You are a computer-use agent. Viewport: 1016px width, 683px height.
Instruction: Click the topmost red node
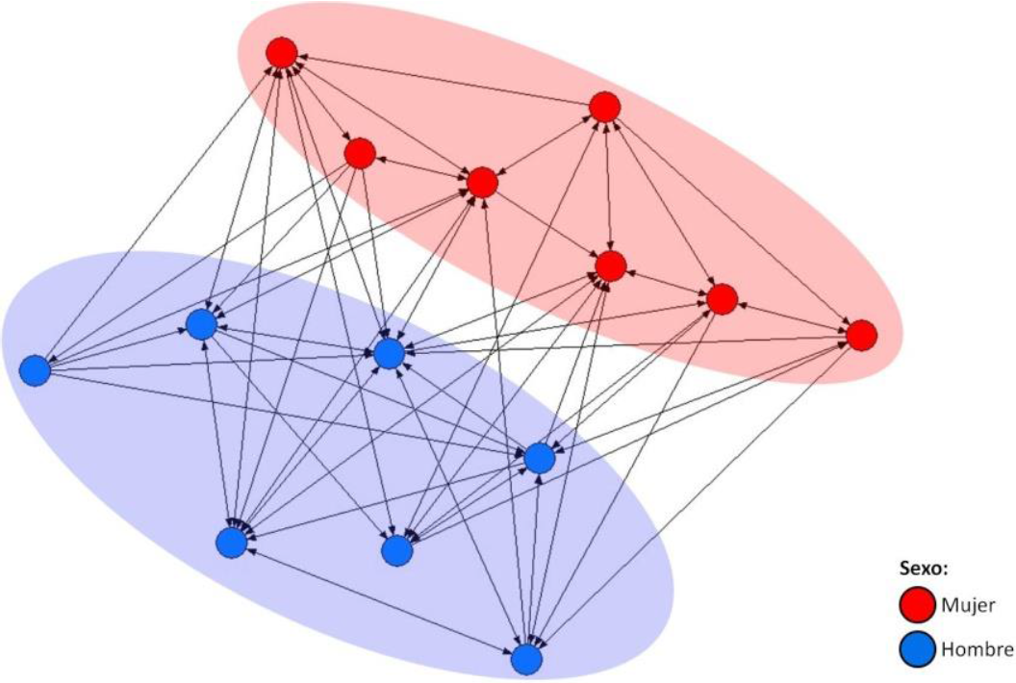click(281, 52)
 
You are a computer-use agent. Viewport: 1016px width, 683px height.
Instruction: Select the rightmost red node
click(861, 335)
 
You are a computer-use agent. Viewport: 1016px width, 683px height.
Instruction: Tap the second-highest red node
click(603, 107)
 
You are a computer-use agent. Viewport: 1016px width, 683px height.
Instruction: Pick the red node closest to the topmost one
click(359, 153)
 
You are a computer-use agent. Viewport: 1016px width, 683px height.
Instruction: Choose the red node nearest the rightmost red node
click(722, 299)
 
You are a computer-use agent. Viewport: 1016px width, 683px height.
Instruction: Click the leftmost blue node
click(35, 369)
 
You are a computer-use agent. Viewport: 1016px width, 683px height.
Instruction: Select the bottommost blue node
click(525, 659)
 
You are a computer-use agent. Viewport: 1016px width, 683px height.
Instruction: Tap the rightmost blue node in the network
click(539, 459)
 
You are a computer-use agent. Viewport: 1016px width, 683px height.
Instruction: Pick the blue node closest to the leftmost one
click(201, 325)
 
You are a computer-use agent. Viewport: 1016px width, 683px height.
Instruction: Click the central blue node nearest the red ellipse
click(389, 354)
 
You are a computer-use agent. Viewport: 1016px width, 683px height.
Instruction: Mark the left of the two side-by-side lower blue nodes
click(232, 543)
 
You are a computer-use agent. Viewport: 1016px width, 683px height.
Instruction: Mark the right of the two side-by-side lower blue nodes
click(396, 549)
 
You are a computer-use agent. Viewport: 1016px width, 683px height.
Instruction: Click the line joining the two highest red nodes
click(443, 80)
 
